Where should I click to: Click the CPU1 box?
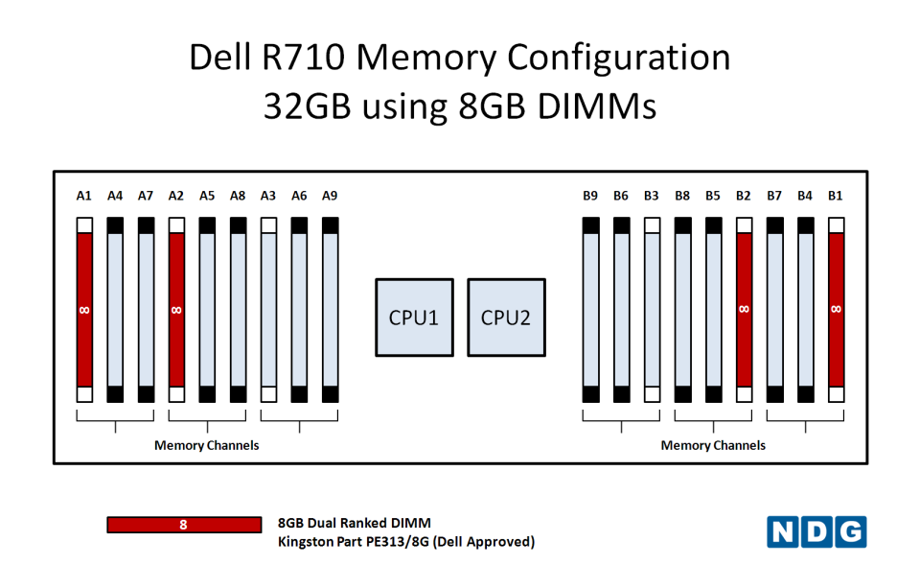[413, 318]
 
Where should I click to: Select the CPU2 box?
[506, 318]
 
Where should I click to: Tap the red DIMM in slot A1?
[84, 309]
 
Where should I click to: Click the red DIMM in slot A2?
[176, 309]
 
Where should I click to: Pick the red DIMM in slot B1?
[836, 309]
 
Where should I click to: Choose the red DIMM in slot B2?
[744, 309]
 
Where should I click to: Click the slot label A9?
[330, 196]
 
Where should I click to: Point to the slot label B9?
[590, 196]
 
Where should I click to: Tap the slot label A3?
[268, 196]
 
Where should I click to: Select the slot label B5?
[713, 196]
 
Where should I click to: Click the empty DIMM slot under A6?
[299, 309]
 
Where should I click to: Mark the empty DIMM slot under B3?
[652, 309]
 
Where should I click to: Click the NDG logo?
[816, 531]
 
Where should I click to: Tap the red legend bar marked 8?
[184, 525]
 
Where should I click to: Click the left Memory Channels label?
[207, 445]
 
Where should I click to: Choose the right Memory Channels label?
[713, 445]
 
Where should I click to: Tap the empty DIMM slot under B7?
[774, 309]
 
